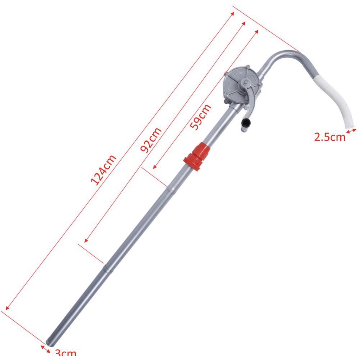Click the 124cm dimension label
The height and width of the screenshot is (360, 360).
tap(103, 170)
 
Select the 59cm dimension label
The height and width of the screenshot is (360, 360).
tap(200, 117)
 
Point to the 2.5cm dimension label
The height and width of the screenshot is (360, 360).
tap(330, 137)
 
